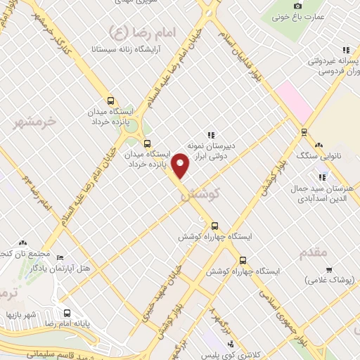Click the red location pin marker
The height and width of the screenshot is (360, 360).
(x=181, y=166)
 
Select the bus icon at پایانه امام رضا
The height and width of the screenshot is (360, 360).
(x=67, y=314)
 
